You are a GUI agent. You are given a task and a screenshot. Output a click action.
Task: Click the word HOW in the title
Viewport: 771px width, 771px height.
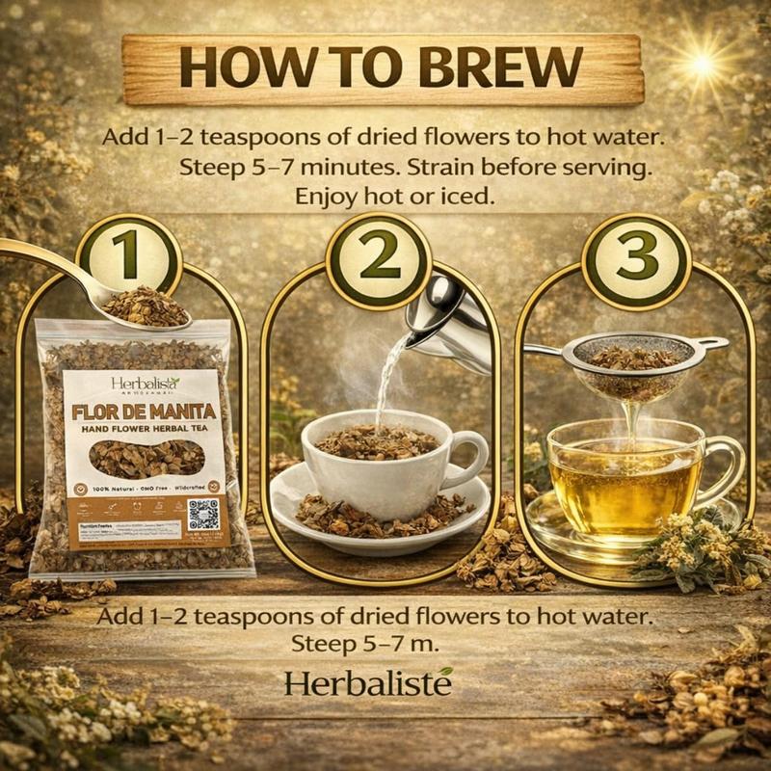(x=230, y=68)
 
